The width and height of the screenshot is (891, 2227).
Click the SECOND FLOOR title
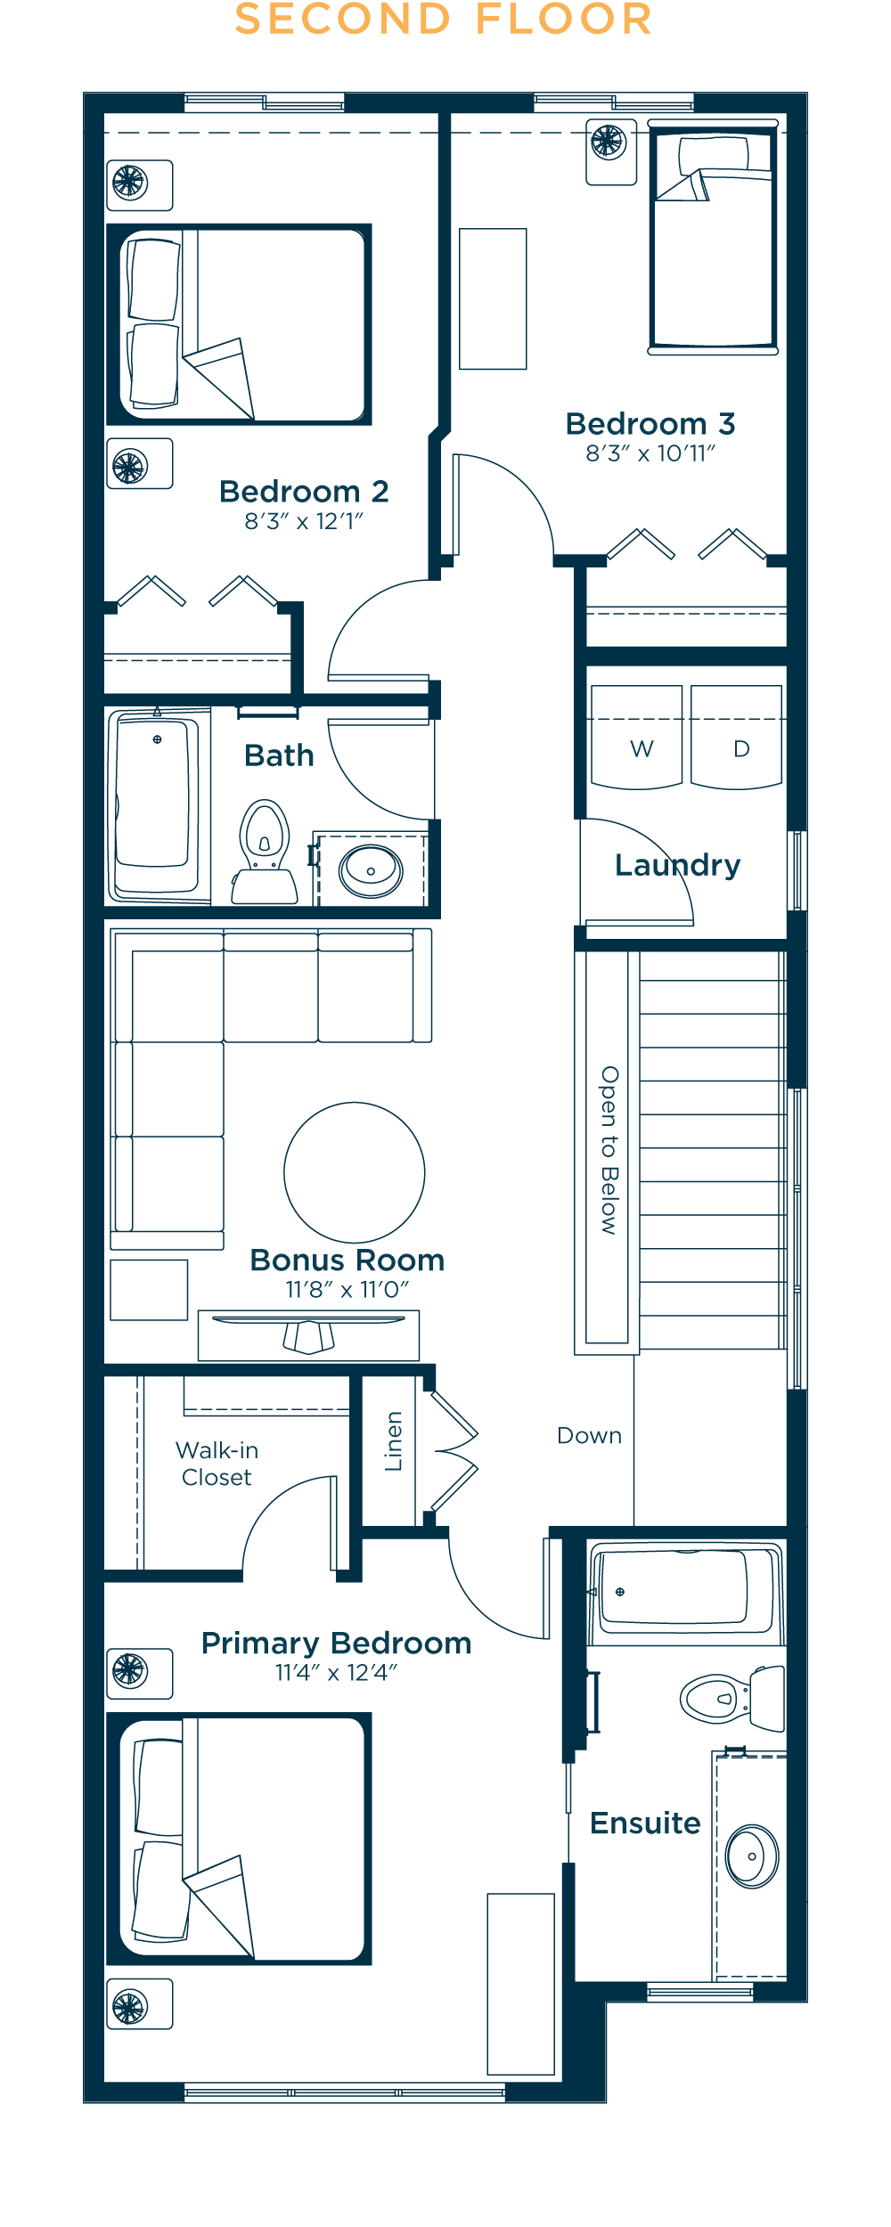tap(444, 20)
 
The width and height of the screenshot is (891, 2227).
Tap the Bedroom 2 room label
tap(304, 491)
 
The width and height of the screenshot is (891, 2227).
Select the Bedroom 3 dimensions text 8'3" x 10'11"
tap(650, 453)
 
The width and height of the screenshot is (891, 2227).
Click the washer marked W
tap(637, 737)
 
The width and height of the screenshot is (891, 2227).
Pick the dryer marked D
tap(736, 737)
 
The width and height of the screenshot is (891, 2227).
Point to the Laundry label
tap(677, 865)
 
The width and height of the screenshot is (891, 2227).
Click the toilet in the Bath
tap(265, 852)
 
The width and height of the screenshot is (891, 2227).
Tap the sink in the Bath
tap(371, 871)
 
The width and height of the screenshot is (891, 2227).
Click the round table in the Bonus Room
tap(355, 1172)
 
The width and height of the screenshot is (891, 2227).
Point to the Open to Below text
tap(609, 1150)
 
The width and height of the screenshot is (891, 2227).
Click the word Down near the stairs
tap(589, 1435)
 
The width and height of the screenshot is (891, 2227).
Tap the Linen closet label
tap(393, 1440)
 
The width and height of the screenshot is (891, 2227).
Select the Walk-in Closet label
tap(217, 1464)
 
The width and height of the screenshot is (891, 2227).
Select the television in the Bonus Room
tap(308, 1334)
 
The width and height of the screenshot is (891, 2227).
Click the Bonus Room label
tap(347, 1260)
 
